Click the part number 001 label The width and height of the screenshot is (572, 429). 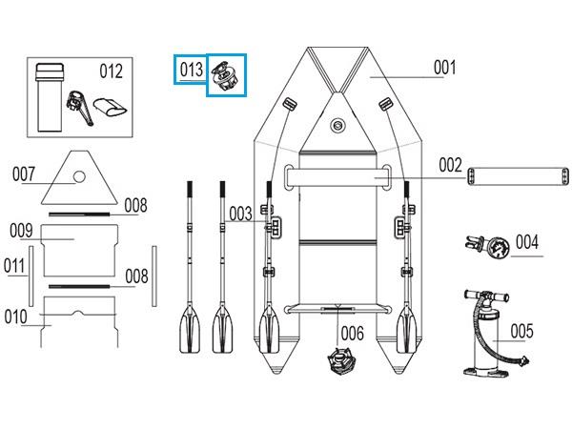point(444,68)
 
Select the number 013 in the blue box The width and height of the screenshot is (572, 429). point(192,70)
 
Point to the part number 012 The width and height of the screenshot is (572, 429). point(112,71)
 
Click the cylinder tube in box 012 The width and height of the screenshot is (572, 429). point(50,97)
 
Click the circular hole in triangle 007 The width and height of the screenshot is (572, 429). point(79,177)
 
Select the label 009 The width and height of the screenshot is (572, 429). point(21,231)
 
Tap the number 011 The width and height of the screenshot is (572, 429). point(14,266)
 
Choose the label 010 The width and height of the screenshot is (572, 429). point(15,317)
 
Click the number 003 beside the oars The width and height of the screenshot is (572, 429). point(241,214)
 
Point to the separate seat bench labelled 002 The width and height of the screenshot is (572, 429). point(518,176)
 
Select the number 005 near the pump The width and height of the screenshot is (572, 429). point(522,331)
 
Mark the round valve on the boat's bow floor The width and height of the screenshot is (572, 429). point(337,126)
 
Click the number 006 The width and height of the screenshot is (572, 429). point(353,334)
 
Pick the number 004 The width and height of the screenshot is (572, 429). point(527,242)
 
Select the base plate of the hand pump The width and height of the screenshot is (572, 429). point(486,373)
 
